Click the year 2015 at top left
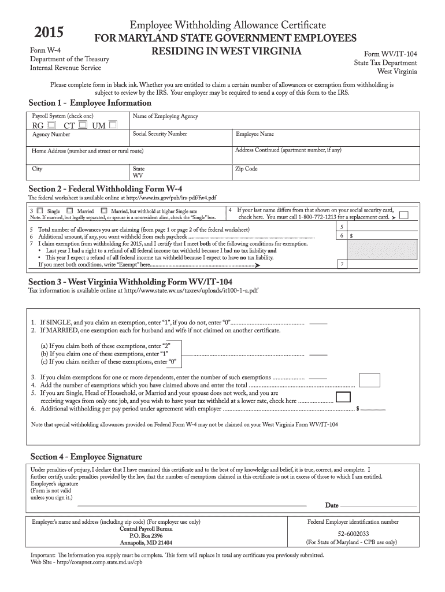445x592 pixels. click(49, 32)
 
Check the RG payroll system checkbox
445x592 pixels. click(52, 125)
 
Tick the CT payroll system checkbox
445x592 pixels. click(83, 125)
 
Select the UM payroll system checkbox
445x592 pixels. click(113, 125)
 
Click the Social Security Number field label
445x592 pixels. click(160, 134)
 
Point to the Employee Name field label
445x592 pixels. click(255, 134)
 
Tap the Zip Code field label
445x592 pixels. click(246, 169)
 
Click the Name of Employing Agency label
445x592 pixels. click(165, 116)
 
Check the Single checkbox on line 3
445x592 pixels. click(39, 211)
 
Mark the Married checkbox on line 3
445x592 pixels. click(69, 211)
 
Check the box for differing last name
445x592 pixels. click(420, 216)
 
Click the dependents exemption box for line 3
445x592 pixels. click(369, 379)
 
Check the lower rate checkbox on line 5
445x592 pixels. click(343, 397)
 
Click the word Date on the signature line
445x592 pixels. click(332, 505)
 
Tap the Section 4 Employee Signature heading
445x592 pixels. click(86, 456)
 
